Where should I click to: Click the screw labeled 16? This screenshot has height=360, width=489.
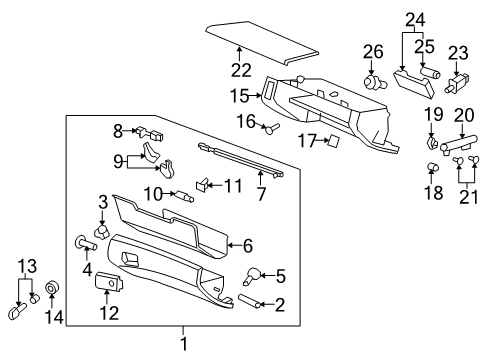(x=273, y=127)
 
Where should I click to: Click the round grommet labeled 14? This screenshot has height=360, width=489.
(x=54, y=291)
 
